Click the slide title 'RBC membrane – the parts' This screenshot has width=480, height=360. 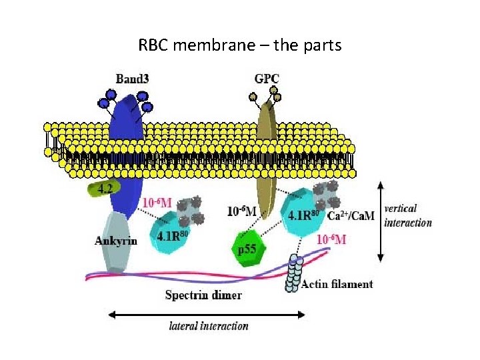click(239, 45)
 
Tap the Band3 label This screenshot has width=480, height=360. click(132, 79)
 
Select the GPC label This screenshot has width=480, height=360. click(267, 79)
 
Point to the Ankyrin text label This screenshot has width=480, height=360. click(115, 241)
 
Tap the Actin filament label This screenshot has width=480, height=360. click(337, 284)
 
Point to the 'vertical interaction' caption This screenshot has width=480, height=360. click(408, 215)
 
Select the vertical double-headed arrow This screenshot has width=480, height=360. click(380, 221)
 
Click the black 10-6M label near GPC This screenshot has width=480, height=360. click(241, 211)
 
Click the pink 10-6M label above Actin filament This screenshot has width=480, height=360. click(331, 239)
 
